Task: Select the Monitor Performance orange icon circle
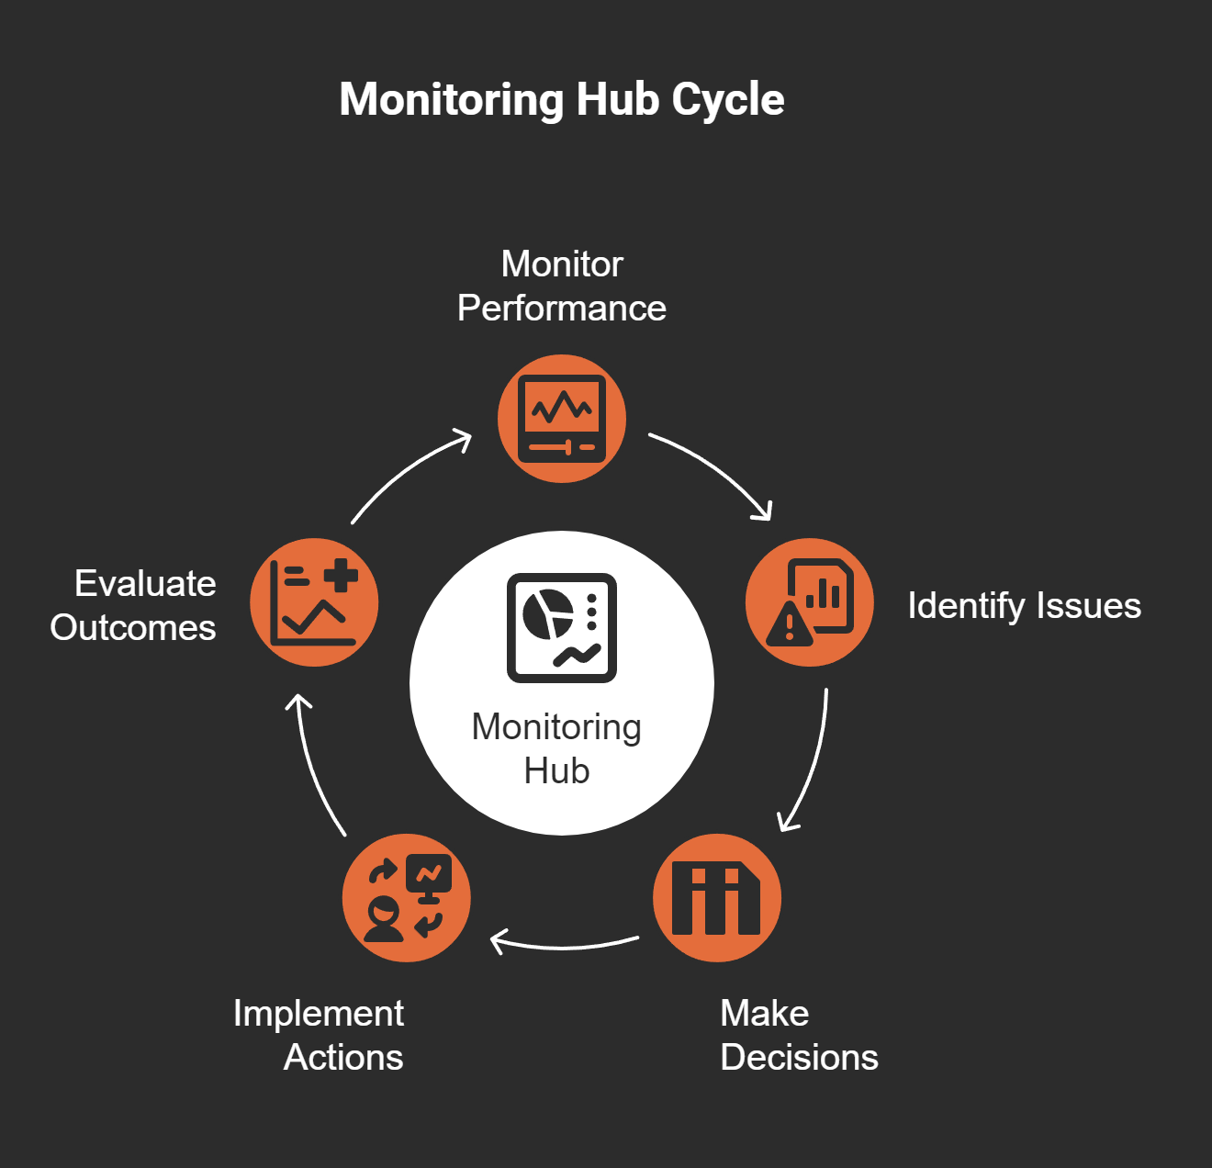562,419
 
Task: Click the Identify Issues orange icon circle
809,602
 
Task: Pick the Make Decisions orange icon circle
717,898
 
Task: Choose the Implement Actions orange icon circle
406,898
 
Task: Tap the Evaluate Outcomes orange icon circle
314,602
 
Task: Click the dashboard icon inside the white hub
562,628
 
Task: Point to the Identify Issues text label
1024,606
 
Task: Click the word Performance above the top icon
562,309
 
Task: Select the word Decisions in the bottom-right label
799,1058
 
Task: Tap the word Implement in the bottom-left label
318,1014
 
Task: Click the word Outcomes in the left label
133,628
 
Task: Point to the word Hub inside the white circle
556,771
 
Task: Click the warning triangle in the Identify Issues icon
789,626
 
